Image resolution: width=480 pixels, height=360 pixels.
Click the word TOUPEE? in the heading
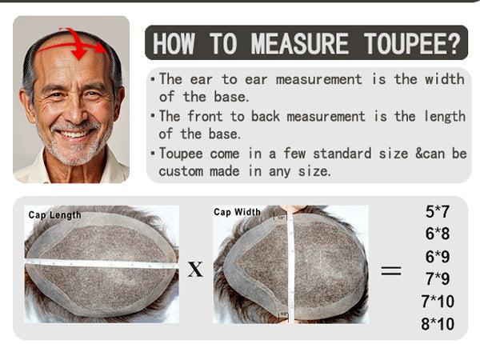click(412, 43)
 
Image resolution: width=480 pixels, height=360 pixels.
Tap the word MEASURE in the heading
click(300, 43)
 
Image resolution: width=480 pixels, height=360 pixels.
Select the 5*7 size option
click(438, 211)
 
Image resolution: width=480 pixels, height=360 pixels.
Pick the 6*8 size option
click(438, 234)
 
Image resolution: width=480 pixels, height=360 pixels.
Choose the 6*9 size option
click(438, 257)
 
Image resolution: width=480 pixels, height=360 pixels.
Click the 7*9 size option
click(438, 279)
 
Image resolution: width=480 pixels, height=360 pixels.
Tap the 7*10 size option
click(438, 302)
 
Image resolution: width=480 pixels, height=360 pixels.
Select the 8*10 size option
click(438, 324)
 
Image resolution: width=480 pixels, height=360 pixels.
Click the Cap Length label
click(54, 215)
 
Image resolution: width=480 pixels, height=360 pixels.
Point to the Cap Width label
click(238, 212)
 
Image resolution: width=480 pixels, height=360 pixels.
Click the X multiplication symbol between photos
click(195, 270)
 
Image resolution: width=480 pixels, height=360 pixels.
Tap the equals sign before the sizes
click(391, 270)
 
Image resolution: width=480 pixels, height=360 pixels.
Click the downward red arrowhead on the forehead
click(79, 54)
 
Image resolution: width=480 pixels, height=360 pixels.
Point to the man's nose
click(74, 111)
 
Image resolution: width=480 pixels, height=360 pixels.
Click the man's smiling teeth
click(74, 134)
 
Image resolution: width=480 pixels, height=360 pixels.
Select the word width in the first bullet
click(445, 79)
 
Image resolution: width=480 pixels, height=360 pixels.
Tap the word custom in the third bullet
click(181, 171)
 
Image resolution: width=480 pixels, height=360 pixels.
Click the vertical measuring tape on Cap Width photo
click(290, 266)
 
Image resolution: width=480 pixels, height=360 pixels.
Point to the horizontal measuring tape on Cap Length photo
click(101, 263)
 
